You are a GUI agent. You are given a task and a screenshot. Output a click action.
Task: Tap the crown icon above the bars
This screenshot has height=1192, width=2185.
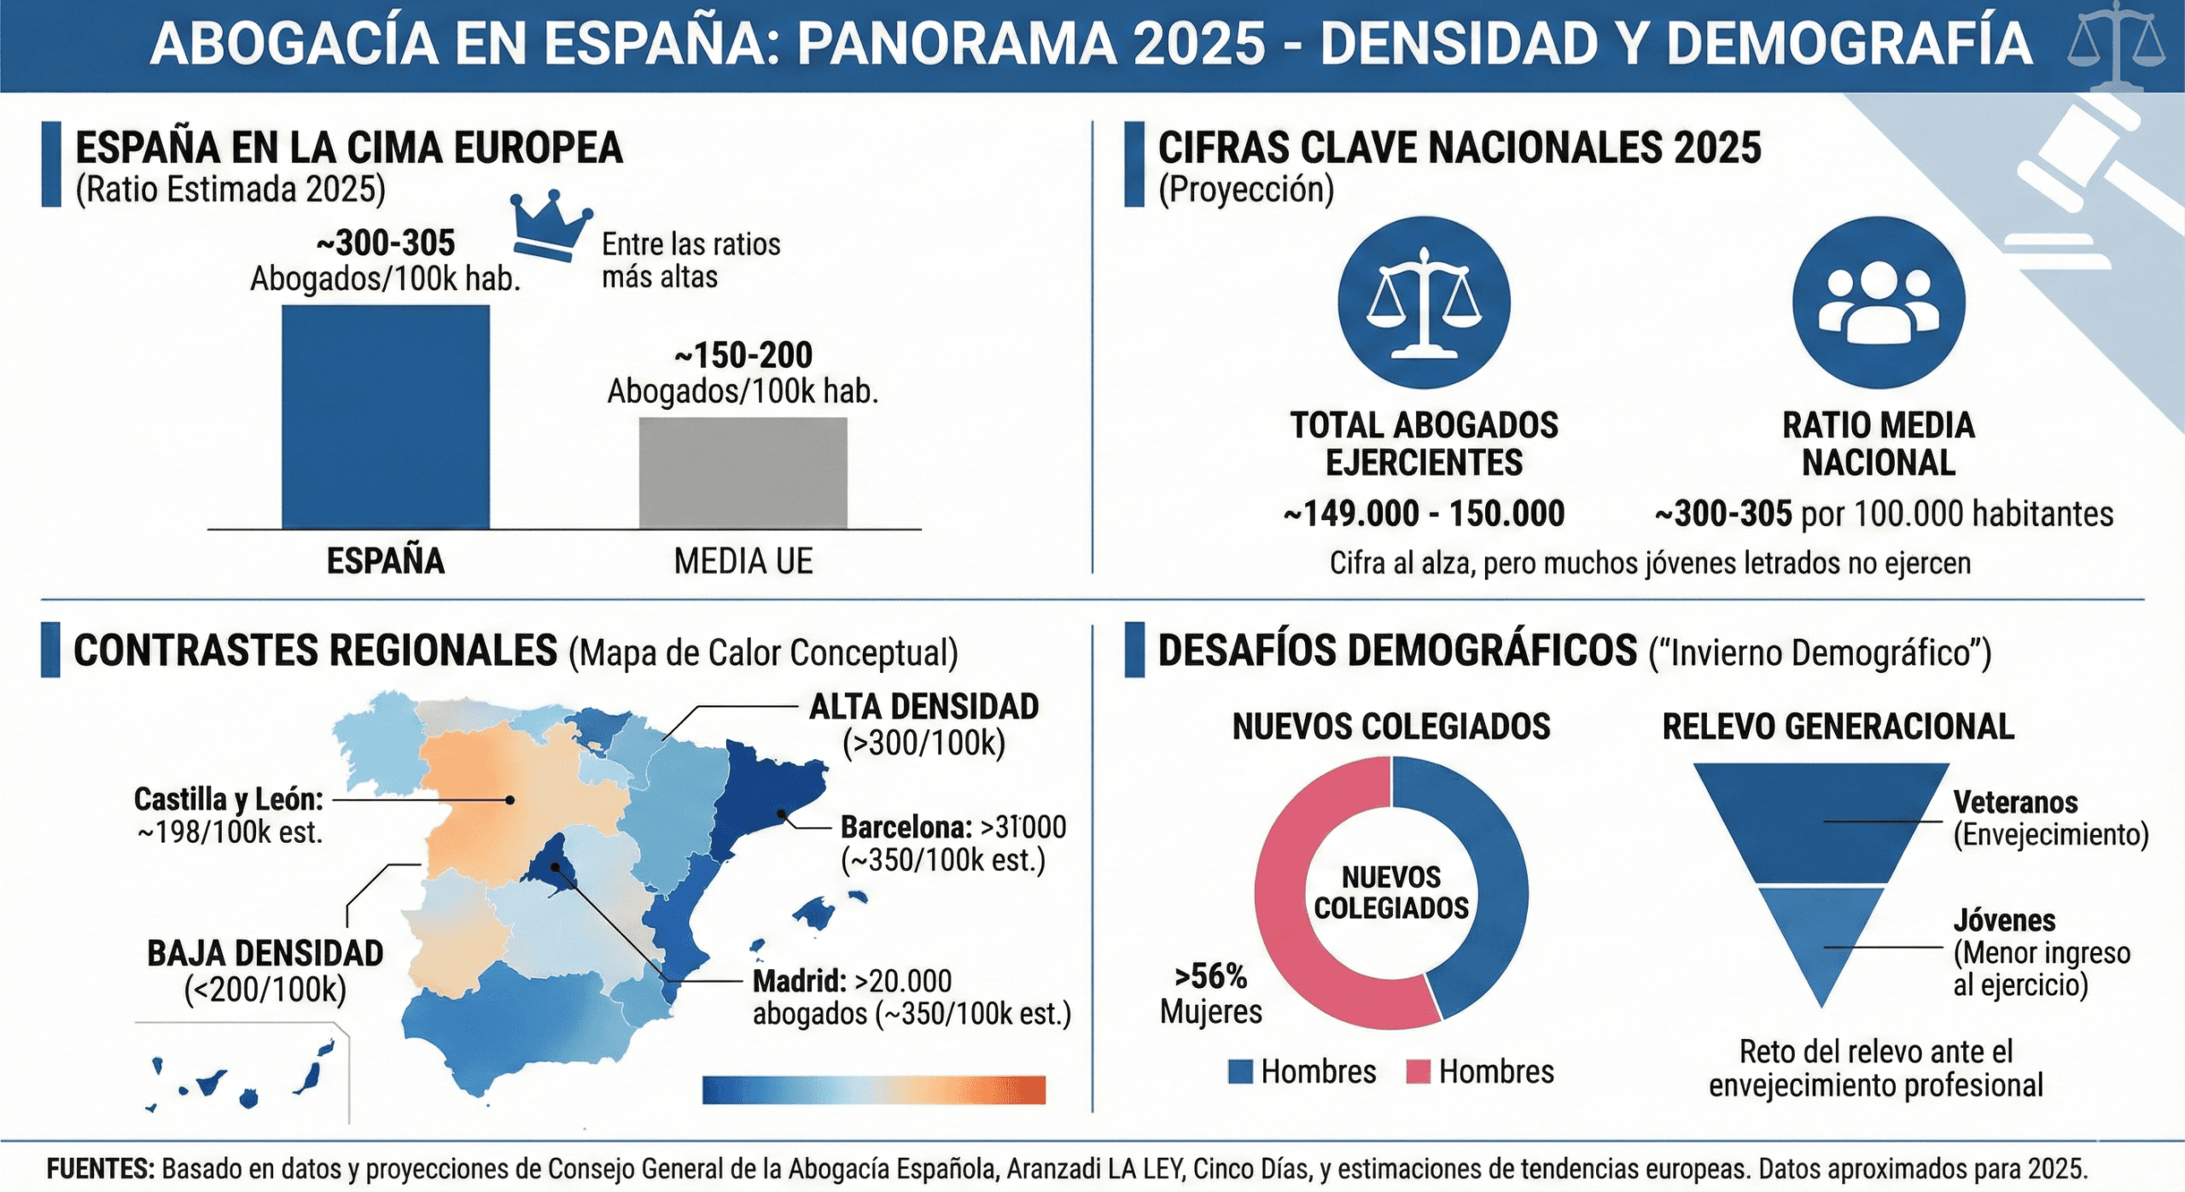pos(551,224)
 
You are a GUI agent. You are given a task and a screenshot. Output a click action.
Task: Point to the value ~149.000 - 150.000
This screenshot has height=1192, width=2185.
pos(1424,514)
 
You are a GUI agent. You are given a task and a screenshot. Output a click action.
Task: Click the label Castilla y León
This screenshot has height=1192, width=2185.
pos(229,799)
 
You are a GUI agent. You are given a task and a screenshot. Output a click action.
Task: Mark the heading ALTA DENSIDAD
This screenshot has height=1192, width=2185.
pos(924,707)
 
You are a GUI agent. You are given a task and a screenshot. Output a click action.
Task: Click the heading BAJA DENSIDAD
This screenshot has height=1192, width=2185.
pos(265,953)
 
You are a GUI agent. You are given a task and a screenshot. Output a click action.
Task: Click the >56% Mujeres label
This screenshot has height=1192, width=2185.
pos(1210,993)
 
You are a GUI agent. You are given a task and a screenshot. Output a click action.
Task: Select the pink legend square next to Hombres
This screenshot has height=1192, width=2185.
pos(1417,1072)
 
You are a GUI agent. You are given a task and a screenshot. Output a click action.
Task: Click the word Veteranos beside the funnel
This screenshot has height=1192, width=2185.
pos(2015,803)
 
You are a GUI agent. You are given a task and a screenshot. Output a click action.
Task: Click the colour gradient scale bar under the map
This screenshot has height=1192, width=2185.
pos(873,1090)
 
